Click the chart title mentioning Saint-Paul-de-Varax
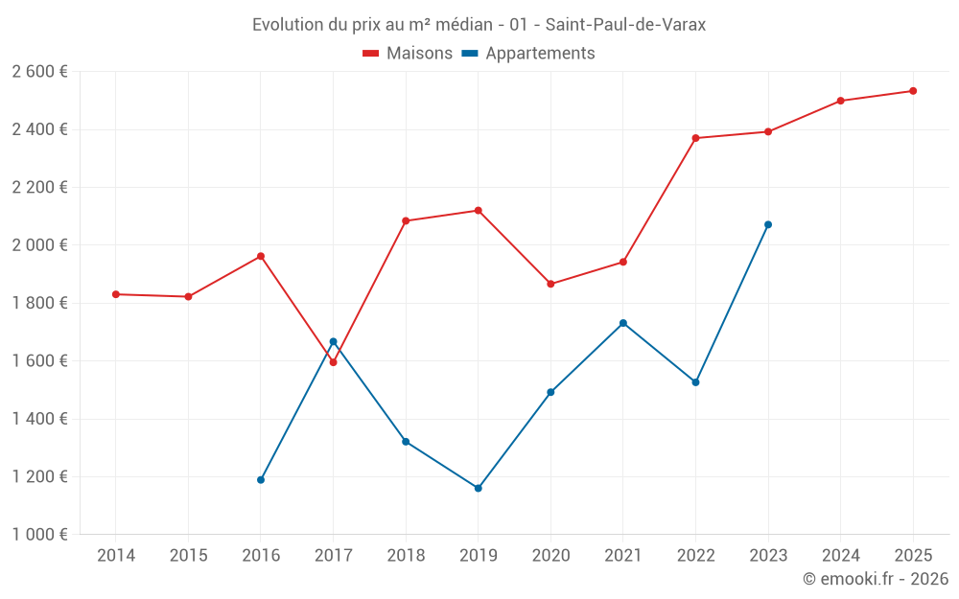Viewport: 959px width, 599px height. (x=479, y=25)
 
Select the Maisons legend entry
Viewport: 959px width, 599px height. (x=408, y=54)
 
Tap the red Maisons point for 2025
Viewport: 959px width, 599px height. (x=913, y=91)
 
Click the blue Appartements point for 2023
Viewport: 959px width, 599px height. (x=768, y=224)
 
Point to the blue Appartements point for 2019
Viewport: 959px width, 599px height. (x=479, y=488)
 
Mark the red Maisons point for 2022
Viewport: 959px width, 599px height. (x=695, y=138)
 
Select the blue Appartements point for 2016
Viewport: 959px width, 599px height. (x=261, y=479)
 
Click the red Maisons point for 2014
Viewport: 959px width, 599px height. (x=116, y=294)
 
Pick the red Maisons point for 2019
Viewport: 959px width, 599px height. (x=479, y=211)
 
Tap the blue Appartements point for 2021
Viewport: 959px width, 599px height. (x=623, y=323)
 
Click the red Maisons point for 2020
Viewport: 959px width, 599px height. (x=550, y=284)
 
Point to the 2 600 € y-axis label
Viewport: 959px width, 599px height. (x=39, y=72)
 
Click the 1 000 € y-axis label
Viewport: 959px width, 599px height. (x=39, y=535)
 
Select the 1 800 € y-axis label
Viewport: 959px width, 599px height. (x=39, y=303)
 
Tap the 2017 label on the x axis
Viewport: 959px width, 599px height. (x=333, y=555)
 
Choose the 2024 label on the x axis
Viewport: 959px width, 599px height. (x=840, y=555)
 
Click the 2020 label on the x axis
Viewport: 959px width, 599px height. (x=550, y=555)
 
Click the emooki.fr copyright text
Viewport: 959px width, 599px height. (x=875, y=579)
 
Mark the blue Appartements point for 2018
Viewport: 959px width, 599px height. (x=406, y=442)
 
